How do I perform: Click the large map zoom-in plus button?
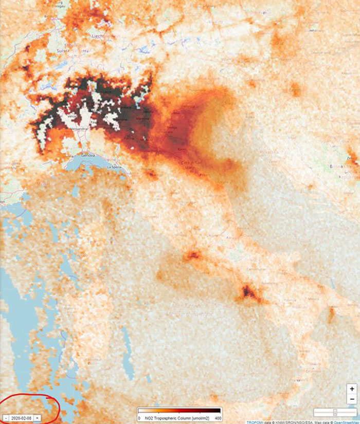point(352,389)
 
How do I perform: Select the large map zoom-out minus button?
point(352,399)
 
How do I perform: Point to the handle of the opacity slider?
point(335,412)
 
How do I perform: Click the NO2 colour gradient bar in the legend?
point(179,411)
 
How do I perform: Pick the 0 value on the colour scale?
point(140,418)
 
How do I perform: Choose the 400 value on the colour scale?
point(218,418)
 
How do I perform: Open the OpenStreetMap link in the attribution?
point(347,421)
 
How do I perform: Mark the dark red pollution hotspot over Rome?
point(194,254)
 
